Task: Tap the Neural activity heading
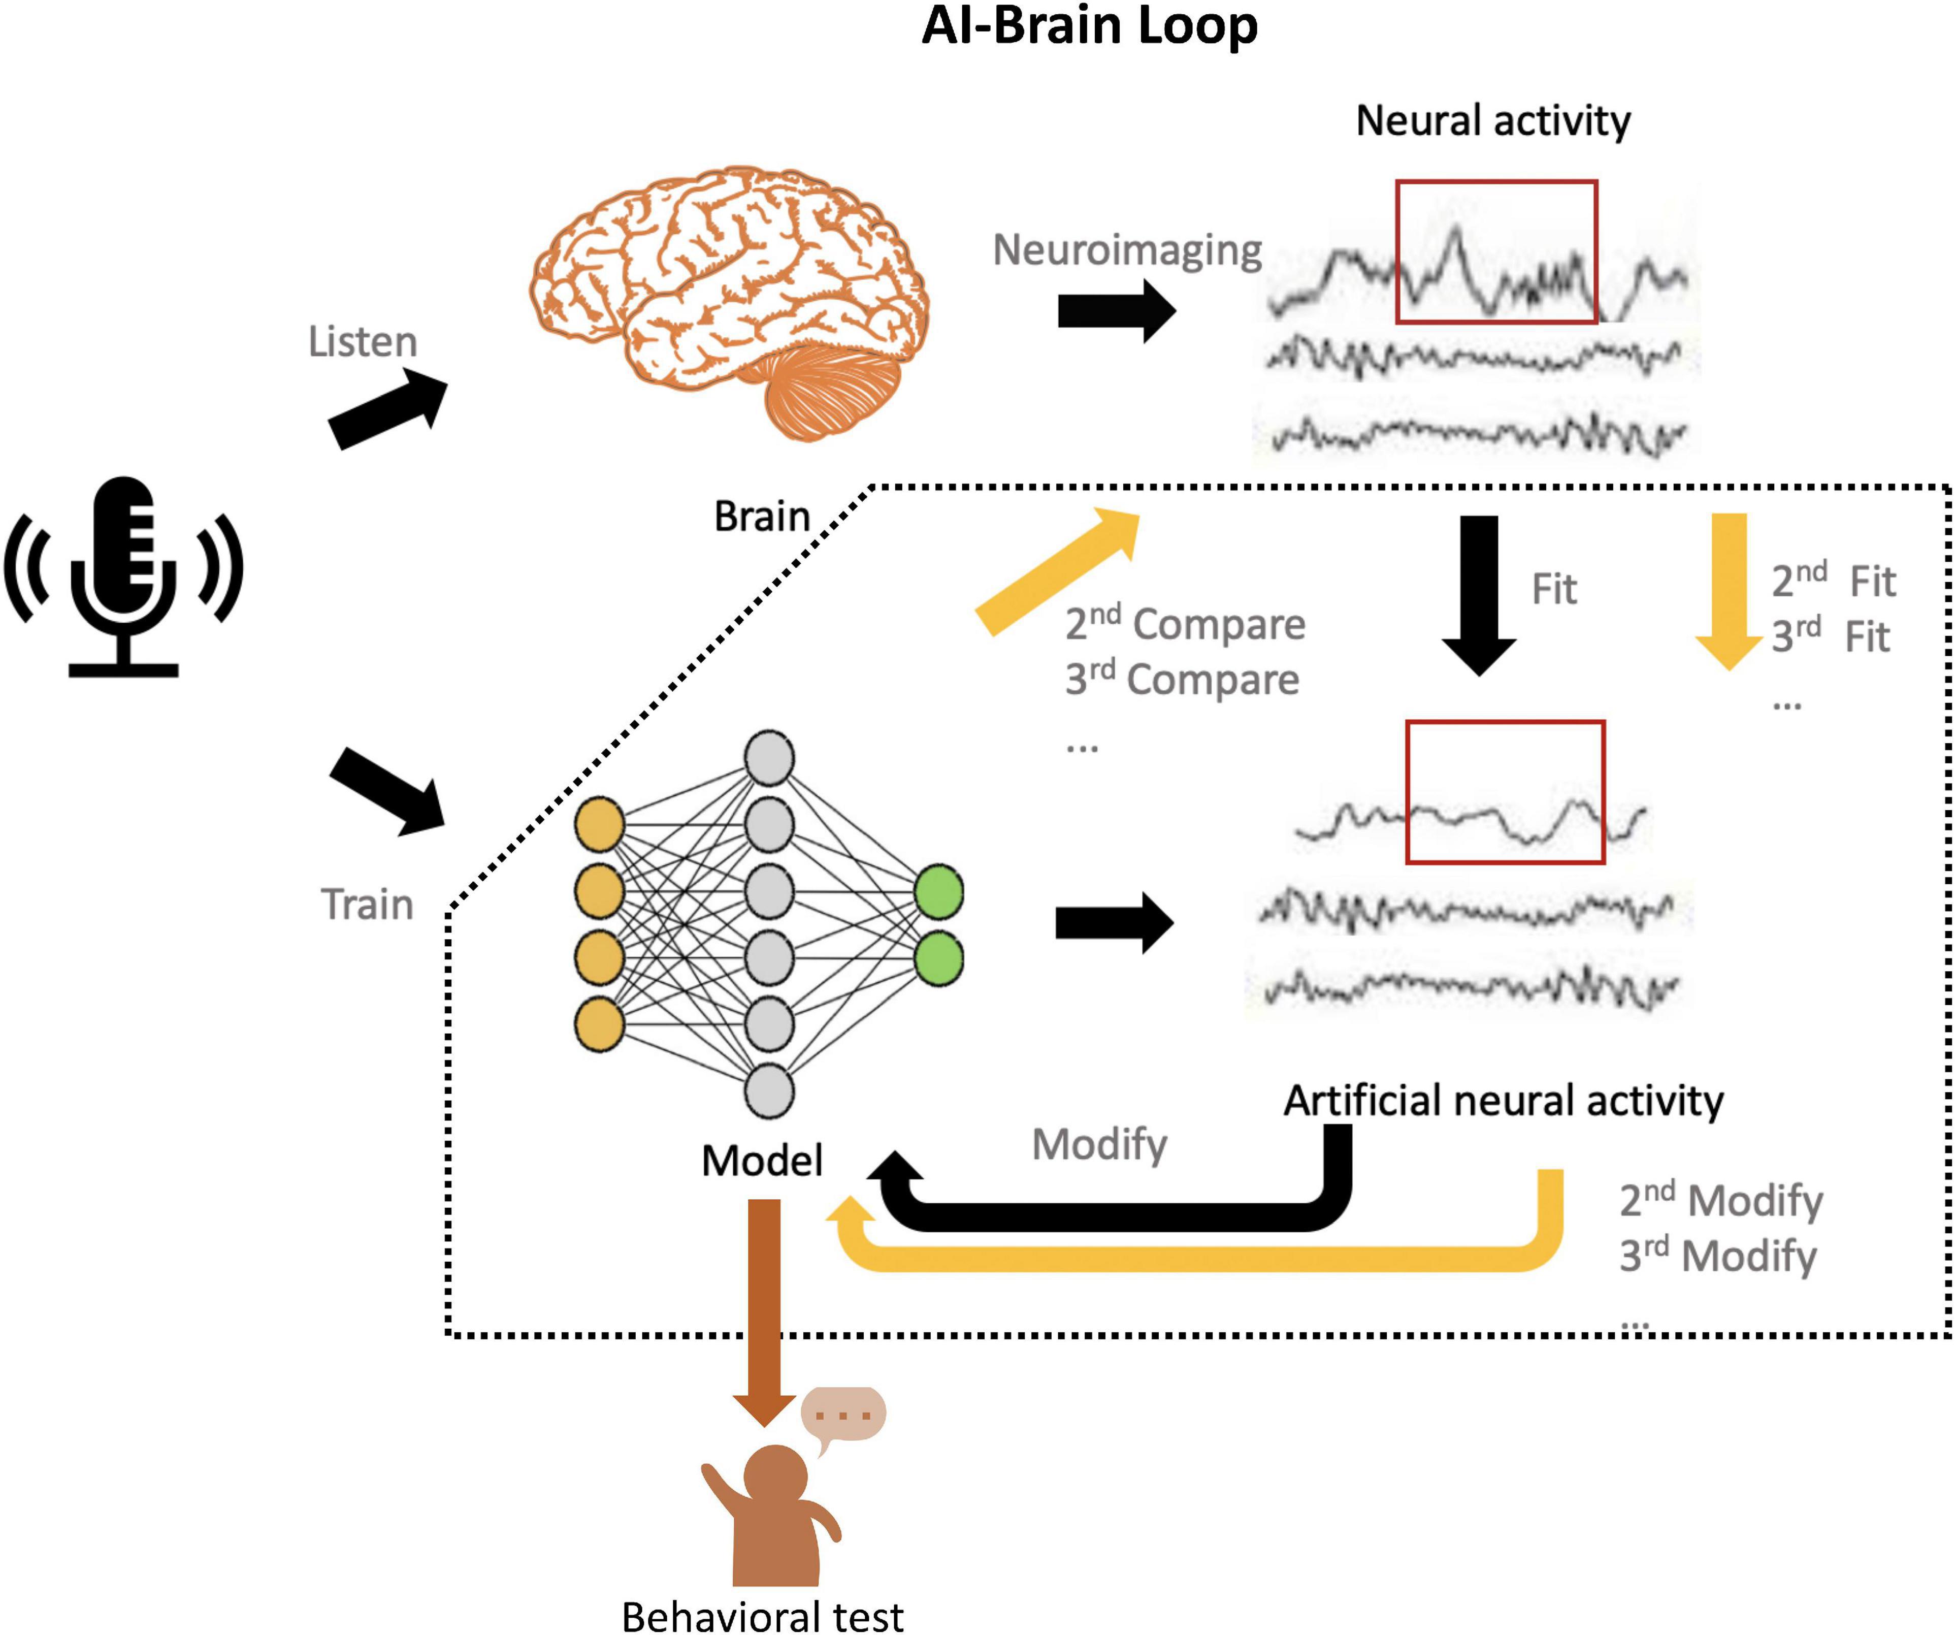pyautogui.click(x=1492, y=121)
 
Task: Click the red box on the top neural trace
pyautogui.click(x=1496, y=251)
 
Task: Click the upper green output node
pyautogui.click(x=938, y=892)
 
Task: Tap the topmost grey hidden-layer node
pyautogui.click(x=769, y=758)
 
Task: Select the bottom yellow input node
pyautogui.click(x=599, y=1024)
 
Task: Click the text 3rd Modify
pyautogui.click(x=1717, y=1255)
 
